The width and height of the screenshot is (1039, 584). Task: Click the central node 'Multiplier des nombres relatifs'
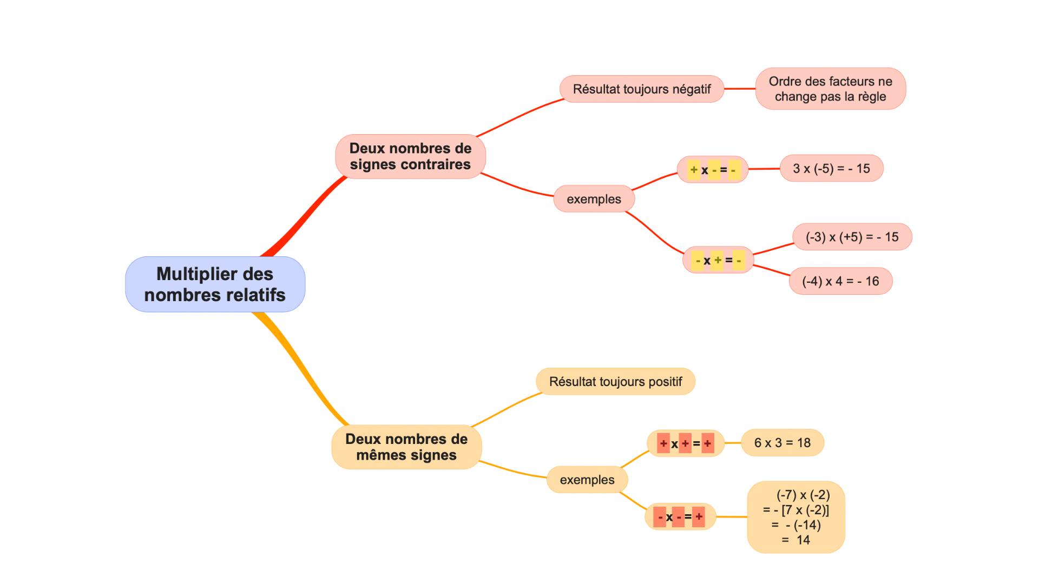click(x=215, y=284)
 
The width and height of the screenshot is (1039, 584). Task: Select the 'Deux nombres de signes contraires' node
click(x=410, y=156)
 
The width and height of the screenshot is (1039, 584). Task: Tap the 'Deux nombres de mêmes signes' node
click(x=406, y=447)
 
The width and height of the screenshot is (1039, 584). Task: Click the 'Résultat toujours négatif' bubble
click(x=641, y=89)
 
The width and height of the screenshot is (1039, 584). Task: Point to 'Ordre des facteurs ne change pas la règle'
click(x=830, y=89)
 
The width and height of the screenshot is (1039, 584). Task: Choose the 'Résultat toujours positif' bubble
click(x=615, y=382)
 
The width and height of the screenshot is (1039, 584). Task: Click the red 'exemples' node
click(x=594, y=199)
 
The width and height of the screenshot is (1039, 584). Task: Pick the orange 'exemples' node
click(x=587, y=480)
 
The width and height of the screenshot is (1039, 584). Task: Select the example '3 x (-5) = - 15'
click(x=831, y=169)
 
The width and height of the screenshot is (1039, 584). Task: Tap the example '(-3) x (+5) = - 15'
click(x=852, y=237)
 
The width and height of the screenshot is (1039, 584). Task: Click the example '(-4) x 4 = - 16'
click(x=840, y=281)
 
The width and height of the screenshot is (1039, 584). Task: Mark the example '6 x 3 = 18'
click(x=782, y=443)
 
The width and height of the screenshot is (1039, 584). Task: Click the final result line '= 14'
click(x=796, y=540)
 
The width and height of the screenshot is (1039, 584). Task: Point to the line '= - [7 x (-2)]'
click(x=796, y=510)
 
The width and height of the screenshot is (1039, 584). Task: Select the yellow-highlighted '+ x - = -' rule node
click(x=713, y=170)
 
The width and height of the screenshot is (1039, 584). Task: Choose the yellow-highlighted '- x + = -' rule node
click(x=718, y=260)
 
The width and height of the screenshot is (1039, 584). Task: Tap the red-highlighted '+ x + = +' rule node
click(x=685, y=443)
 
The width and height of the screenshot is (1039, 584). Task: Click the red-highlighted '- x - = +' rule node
click(x=680, y=517)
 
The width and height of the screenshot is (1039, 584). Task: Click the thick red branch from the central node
click(x=303, y=216)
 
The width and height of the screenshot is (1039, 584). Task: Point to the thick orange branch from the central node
click(x=303, y=368)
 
